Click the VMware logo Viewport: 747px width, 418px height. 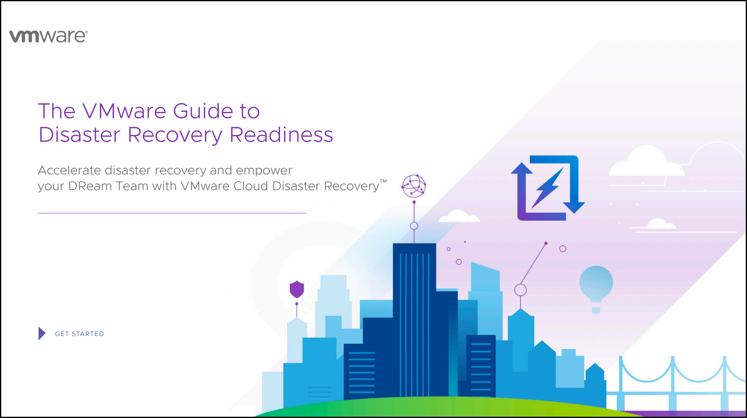(x=49, y=36)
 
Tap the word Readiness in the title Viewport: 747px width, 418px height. (x=281, y=135)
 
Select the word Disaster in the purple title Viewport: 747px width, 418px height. (x=79, y=135)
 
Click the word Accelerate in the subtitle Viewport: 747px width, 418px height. (x=70, y=170)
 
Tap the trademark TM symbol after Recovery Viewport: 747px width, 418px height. (x=383, y=181)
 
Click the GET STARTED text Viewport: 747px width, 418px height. (x=79, y=334)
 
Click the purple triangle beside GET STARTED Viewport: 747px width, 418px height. (x=42, y=333)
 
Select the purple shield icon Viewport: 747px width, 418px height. (x=297, y=289)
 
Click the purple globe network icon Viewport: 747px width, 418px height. (x=414, y=186)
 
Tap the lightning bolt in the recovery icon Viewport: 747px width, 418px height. (x=547, y=188)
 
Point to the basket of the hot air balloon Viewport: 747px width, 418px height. (x=596, y=310)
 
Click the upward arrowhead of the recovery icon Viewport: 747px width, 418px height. (x=522, y=168)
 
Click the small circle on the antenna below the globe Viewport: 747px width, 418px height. (x=414, y=226)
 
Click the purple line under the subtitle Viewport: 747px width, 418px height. (x=172, y=213)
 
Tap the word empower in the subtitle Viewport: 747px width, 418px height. (x=264, y=171)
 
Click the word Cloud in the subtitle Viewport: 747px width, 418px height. (x=251, y=186)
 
